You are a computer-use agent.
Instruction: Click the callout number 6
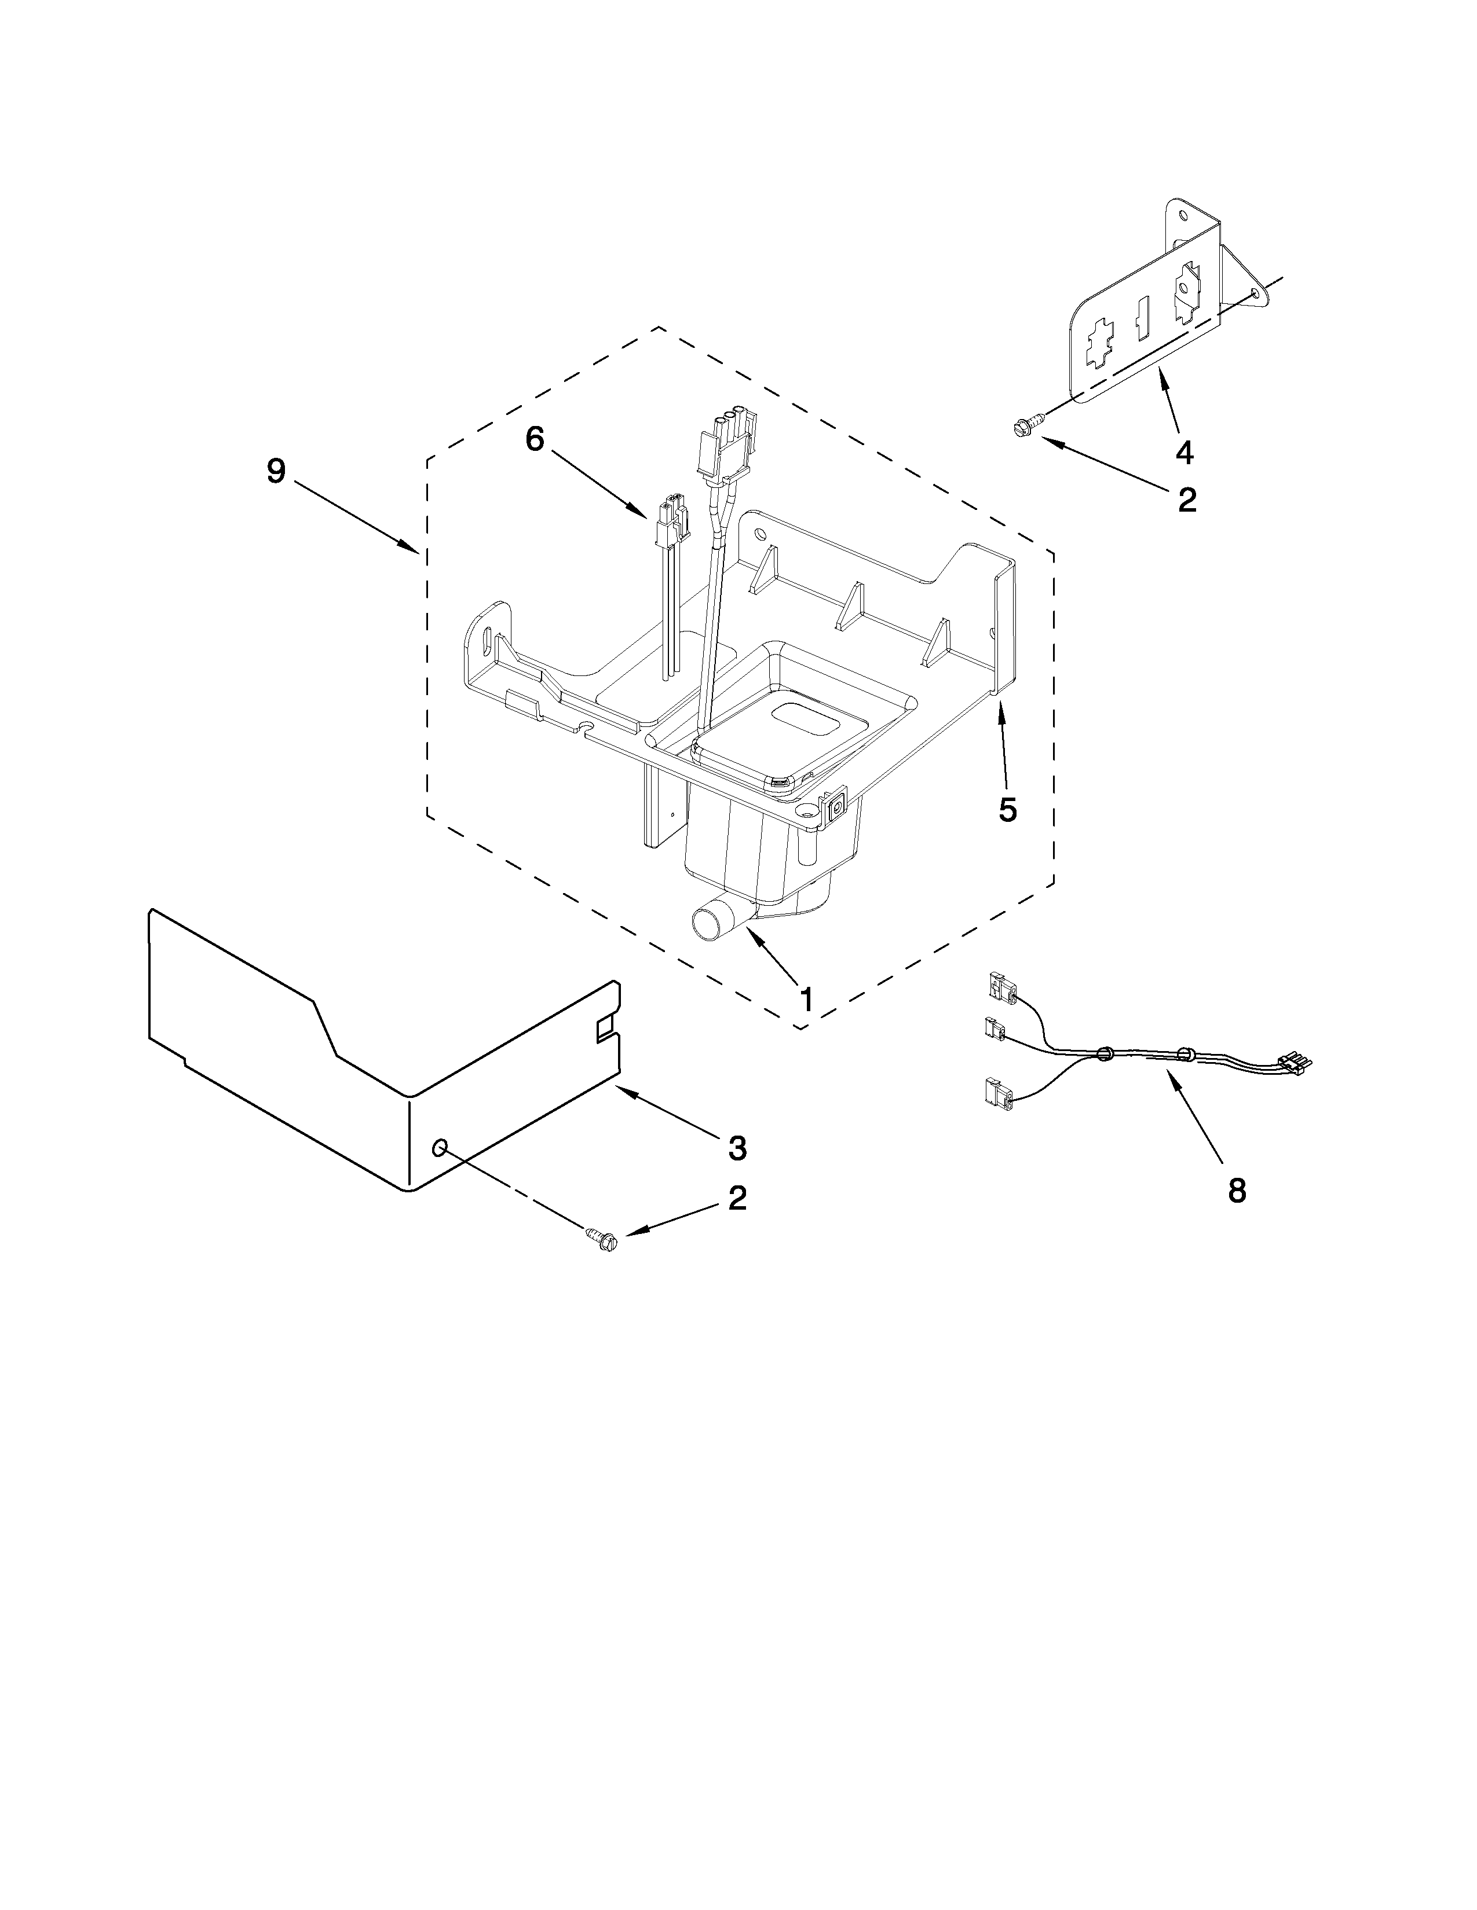click(535, 439)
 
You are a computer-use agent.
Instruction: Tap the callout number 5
click(1008, 810)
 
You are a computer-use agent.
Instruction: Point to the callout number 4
click(1184, 452)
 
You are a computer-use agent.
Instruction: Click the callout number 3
click(737, 1147)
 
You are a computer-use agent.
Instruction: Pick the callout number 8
click(1237, 1190)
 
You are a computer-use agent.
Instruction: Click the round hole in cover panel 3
click(441, 1147)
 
